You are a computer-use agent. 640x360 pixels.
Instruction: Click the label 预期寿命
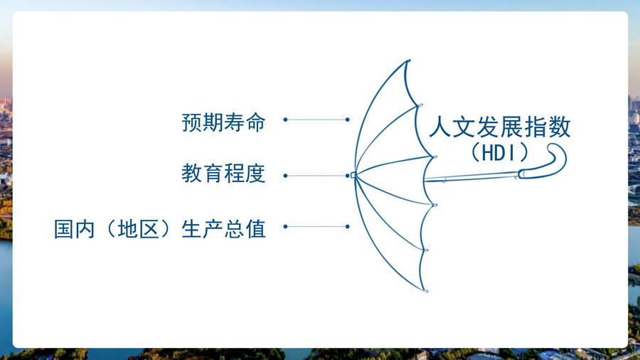[x=223, y=122]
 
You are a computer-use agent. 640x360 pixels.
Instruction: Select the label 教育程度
[x=223, y=174]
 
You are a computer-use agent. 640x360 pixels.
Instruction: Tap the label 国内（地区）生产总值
[x=159, y=229]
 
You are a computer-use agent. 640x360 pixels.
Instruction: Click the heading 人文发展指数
[x=500, y=127]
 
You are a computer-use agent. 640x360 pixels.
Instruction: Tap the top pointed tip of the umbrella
[x=409, y=60]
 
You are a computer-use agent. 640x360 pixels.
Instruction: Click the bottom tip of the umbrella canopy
[x=426, y=291]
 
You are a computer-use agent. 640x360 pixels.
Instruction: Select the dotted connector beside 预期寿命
[x=316, y=120]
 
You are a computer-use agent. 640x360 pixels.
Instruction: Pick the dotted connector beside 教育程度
[x=316, y=176]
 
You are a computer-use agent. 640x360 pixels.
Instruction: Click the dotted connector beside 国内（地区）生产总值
[x=316, y=226]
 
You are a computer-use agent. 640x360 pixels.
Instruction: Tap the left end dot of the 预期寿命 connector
[x=285, y=120]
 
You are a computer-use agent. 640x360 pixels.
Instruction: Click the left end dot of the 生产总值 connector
[x=285, y=226]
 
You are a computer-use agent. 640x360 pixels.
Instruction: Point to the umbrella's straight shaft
[x=472, y=177]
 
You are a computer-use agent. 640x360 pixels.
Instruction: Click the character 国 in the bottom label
[x=64, y=229]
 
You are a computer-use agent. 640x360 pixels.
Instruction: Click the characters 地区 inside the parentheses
[x=139, y=229]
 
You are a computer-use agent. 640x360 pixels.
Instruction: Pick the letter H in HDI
[x=487, y=153]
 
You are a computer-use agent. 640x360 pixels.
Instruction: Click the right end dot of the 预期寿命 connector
[x=347, y=120]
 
